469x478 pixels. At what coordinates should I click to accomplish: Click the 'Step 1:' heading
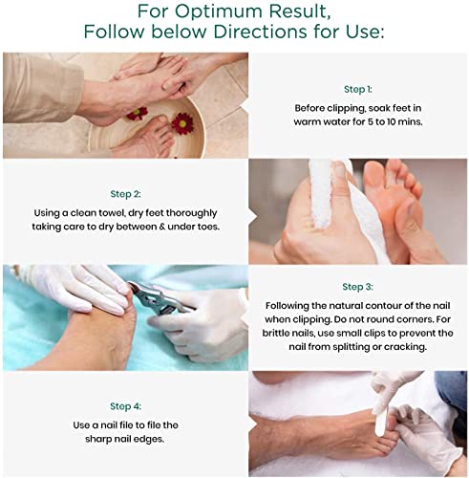pos(358,90)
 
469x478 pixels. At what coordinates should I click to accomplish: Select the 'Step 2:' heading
pos(125,194)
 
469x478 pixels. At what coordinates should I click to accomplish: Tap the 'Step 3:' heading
pos(357,287)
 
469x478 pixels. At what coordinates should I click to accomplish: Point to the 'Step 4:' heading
pos(125,406)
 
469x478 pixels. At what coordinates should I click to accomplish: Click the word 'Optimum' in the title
pos(219,11)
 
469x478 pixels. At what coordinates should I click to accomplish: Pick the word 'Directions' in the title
pos(261,32)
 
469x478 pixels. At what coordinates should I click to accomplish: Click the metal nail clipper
pos(159,299)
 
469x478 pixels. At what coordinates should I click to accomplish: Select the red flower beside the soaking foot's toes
pos(182,123)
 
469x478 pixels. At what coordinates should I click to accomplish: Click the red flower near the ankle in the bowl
pos(138,114)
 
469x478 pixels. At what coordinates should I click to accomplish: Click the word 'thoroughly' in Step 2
pos(192,213)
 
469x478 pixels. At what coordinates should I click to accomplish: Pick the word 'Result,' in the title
pos(299,12)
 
